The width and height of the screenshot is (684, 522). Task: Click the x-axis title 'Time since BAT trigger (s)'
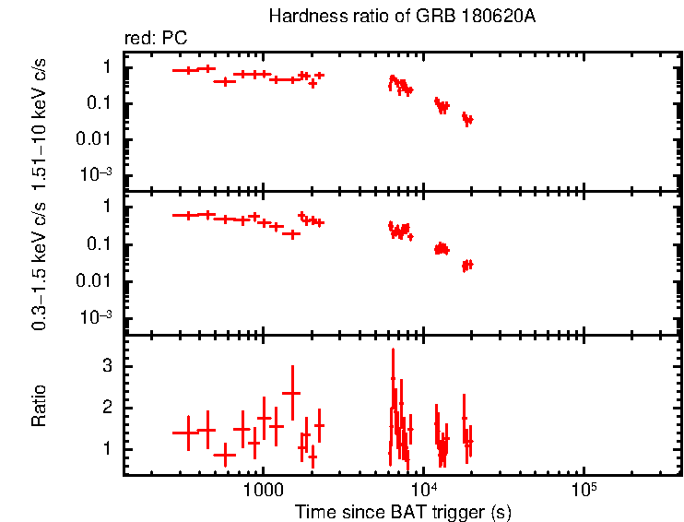click(403, 511)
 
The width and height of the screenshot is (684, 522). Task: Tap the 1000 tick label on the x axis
click(263, 488)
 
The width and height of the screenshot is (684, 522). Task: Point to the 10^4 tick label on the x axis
click(423, 488)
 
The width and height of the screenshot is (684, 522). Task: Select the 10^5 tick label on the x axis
click(583, 488)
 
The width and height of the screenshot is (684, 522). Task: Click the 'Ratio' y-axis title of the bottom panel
click(40, 406)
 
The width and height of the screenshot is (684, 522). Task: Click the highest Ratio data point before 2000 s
click(292, 393)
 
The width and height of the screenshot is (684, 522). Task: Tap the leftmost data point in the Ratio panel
click(188, 433)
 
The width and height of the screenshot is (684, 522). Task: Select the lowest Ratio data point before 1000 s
click(225, 455)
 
